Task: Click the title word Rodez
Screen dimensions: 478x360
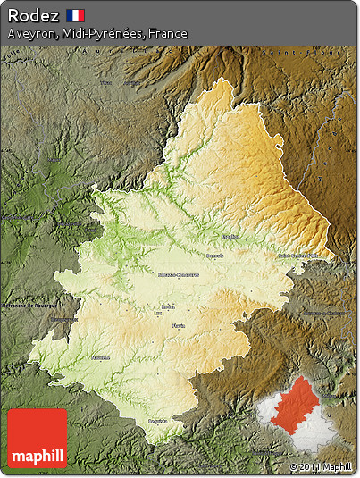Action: pyautogui.click(x=33, y=15)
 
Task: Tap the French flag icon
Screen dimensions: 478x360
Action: pyautogui.click(x=76, y=15)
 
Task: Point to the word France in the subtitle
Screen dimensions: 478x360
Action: pyautogui.click(x=169, y=34)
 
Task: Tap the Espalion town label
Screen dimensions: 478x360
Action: pyautogui.click(x=230, y=236)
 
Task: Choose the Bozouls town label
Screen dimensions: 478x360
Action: pyautogui.click(x=215, y=256)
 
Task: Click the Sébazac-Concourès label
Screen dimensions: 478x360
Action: pyautogui.click(x=177, y=274)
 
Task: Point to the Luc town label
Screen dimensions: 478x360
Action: pyautogui.click(x=159, y=314)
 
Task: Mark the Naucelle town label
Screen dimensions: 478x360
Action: pyautogui.click(x=100, y=357)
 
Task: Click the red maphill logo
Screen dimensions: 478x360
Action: pyautogui.click(x=37, y=439)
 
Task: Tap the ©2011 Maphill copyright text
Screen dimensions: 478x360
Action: pyautogui.click(x=320, y=466)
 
